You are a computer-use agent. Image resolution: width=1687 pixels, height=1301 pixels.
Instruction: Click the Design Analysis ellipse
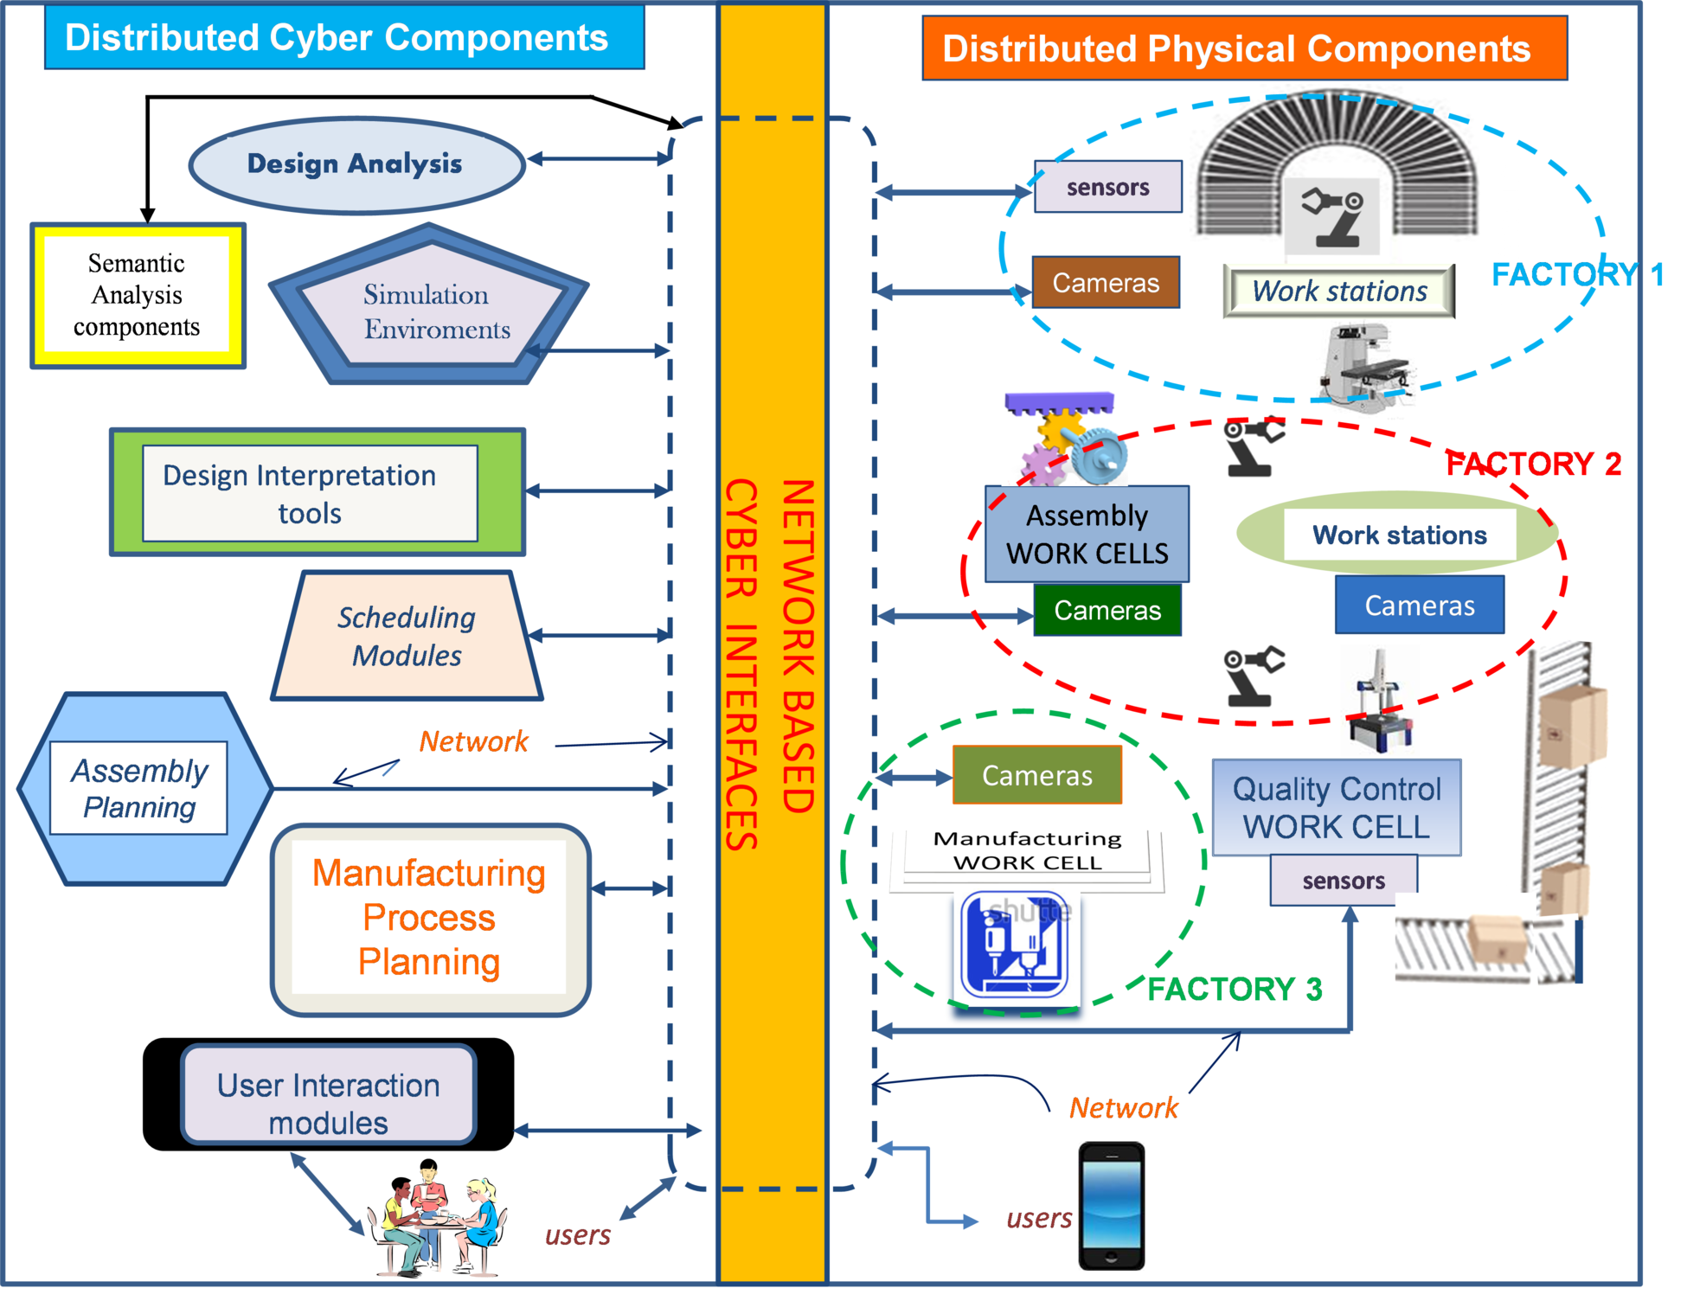(x=356, y=164)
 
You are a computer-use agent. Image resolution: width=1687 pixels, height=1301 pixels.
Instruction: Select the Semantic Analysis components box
(x=138, y=295)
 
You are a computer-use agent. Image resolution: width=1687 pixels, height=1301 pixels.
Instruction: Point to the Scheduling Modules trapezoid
(x=407, y=637)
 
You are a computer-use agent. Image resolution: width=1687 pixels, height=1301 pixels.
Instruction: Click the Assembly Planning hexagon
(x=144, y=788)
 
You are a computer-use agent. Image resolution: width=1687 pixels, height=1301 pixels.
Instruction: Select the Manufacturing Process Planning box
(x=430, y=919)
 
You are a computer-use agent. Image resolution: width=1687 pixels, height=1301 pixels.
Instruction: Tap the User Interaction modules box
(x=328, y=1095)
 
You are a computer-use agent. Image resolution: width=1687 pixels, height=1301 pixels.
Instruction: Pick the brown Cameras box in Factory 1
(x=1105, y=283)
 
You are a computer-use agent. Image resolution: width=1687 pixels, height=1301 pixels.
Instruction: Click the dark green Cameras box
(x=1106, y=611)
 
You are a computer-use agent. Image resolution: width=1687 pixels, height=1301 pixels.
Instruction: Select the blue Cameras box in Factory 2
(x=1419, y=606)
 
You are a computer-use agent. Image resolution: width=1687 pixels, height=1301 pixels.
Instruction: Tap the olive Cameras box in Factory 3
(x=1036, y=775)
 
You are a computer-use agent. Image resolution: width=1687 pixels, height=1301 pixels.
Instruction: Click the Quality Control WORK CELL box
(x=1336, y=808)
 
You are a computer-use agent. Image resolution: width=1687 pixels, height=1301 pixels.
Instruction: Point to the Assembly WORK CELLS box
(x=1087, y=534)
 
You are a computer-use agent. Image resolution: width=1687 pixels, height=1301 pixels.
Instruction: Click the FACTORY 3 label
(x=1235, y=989)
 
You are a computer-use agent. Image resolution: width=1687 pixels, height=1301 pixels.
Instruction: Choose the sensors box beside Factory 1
(x=1107, y=187)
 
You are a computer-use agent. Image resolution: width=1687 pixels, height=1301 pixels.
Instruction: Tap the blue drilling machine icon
(x=1015, y=945)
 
